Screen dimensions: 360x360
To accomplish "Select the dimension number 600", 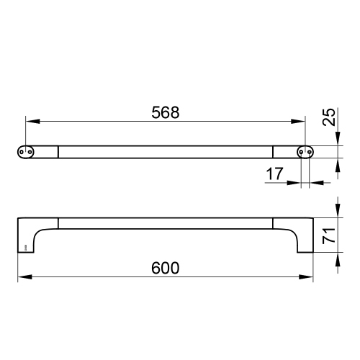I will click(165, 266).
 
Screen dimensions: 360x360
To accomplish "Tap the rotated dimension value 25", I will click(328, 117).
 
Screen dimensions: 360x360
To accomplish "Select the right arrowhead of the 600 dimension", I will click(308, 276).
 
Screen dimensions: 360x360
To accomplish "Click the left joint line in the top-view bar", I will click(58, 151).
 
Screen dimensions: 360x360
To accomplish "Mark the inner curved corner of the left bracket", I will click(40, 231).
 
